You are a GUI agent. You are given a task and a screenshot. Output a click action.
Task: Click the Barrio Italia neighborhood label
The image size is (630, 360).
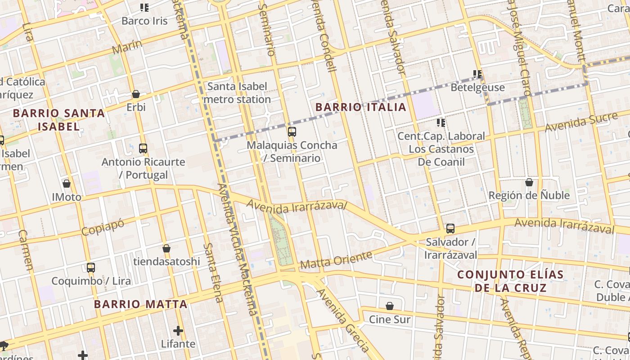(x=361, y=107)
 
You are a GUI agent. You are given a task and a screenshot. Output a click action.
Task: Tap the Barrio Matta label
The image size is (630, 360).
(x=140, y=304)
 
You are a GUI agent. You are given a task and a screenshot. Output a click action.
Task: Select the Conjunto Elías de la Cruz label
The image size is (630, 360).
(x=510, y=281)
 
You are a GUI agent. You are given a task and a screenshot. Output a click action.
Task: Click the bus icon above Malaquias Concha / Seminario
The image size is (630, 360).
(x=292, y=132)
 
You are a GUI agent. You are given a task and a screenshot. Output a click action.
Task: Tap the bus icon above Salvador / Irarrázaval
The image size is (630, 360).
(x=450, y=229)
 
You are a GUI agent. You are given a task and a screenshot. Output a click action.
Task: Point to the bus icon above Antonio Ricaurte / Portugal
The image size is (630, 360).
(x=143, y=148)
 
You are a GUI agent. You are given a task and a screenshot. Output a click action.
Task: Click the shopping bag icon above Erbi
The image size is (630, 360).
(x=136, y=94)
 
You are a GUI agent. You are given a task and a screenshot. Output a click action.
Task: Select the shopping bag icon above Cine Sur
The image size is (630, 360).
(x=390, y=306)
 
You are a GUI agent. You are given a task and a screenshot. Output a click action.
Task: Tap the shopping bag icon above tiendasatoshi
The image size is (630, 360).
(x=166, y=248)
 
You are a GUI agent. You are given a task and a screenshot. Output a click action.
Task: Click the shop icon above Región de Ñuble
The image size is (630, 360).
(x=529, y=182)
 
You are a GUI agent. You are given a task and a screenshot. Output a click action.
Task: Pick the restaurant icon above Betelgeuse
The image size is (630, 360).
(x=477, y=74)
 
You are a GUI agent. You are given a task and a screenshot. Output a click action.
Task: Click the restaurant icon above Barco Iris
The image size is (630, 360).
(x=144, y=7)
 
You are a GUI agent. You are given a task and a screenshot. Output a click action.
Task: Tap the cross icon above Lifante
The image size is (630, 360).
(x=178, y=331)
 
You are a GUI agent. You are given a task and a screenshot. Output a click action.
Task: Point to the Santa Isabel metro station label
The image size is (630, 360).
(x=237, y=93)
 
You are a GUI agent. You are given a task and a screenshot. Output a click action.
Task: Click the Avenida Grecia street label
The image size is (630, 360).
(x=343, y=320)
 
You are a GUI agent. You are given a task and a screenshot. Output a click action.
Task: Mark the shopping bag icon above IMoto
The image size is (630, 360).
(x=67, y=184)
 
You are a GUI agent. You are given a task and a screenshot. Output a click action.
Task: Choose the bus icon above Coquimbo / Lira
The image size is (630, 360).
(x=91, y=268)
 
